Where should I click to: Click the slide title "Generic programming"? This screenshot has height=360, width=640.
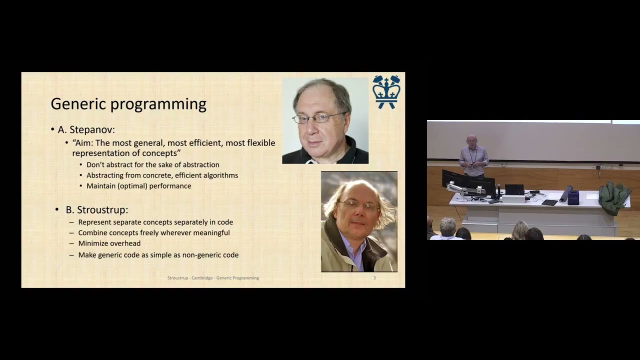point(128,104)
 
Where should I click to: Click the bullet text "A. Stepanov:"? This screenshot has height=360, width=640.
point(86,130)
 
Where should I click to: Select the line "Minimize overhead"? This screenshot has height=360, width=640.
point(109,243)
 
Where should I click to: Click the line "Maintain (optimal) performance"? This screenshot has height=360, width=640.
point(138,186)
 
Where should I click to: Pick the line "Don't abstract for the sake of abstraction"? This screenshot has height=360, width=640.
point(152,164)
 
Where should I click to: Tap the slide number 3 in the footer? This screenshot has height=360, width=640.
point(374,278)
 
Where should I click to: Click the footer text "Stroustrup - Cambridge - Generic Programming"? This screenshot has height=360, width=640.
point(213,278)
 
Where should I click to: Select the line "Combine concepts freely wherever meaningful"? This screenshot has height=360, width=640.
point(153,232)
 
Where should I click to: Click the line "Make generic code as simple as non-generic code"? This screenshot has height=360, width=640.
point(158,255)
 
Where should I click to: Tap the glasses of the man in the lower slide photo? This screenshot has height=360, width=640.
point(358,205)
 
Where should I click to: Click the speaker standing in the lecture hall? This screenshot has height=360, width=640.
point(473,156)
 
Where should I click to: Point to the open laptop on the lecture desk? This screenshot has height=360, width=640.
point(514,190)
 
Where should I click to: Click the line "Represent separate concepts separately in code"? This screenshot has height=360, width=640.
point(155,222)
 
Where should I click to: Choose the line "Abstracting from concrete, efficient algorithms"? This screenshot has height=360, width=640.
point(162,175)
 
